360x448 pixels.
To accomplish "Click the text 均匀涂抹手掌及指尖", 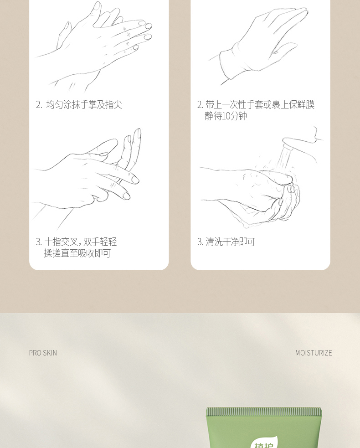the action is (84, 104).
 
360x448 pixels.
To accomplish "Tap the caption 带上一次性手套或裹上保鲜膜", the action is (260, 104).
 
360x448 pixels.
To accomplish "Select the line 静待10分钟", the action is (226, 116).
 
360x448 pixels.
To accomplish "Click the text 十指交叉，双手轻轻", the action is (80, 242).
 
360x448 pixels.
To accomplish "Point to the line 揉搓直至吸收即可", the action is (77, 253).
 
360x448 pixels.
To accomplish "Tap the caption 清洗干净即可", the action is (230, 242).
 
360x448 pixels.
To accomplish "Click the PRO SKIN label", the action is (43, 353).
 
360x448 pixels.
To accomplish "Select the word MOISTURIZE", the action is (314, 353).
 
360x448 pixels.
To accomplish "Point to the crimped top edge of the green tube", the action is (264, 412).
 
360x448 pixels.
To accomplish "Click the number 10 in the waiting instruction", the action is (226, 116).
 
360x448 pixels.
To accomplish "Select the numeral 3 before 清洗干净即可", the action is (200, 242).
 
